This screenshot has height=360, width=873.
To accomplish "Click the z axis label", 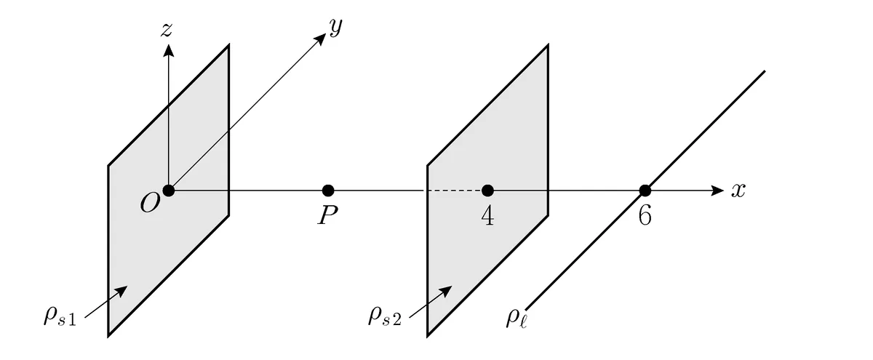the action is click(x=167, y=30).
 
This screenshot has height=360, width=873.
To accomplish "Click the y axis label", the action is click(x=335, y=28).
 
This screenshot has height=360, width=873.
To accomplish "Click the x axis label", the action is click(x=738, y=191).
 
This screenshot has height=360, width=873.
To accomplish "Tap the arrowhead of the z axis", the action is click(x=168, y=50).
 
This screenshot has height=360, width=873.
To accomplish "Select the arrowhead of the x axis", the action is click(x=718, y=191).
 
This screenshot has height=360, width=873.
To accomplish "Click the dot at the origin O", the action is click(x=168, y=191).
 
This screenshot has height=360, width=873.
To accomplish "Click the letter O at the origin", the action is click(x=150, y=203).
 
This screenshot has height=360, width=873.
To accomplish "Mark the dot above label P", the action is click(x=328, y=191).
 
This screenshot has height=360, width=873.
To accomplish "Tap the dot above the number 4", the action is click(x=487, y=191).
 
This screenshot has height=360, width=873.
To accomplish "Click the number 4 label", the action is click(x=487, y=216).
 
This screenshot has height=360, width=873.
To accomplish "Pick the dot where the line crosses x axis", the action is click(x=645, y=191).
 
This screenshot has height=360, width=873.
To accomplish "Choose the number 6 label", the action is click(x=645, y=216).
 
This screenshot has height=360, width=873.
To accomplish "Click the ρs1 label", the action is click(x=60, y=316).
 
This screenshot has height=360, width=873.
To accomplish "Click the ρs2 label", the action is click(x=385, y=316).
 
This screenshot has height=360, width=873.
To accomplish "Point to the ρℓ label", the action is click(x=517, y=319).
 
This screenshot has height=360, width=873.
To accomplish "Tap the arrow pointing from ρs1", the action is click(x=106, y=302).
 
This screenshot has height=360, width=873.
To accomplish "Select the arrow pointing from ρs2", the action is click(x=431, y=302).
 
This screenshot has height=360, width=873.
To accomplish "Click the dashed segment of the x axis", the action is click(x=455, y=191).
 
